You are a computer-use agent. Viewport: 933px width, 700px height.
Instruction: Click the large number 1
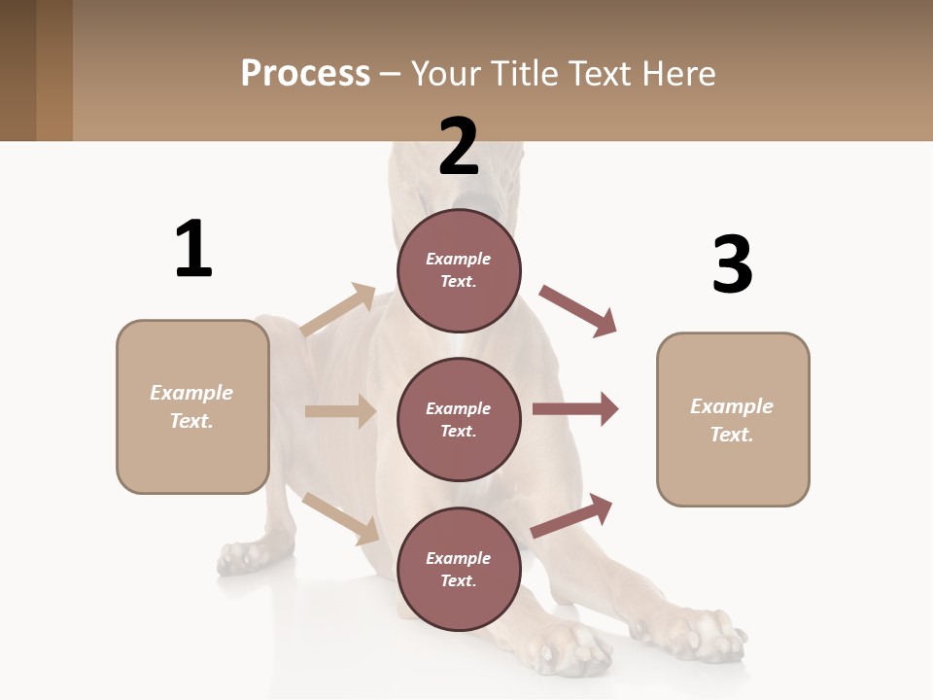(x=193, y=249)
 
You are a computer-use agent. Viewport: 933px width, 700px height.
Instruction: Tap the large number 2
(x=459, y=147)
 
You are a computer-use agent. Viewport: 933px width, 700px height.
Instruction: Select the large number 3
(x=732, y=264)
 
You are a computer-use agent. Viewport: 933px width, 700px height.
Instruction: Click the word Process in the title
(x=305, y=74)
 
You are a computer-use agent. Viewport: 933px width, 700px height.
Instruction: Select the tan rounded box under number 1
(x=192, y=406)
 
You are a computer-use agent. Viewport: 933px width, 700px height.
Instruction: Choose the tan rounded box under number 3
(x=733, y=420)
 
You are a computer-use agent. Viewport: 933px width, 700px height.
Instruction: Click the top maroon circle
(x=459, y=270)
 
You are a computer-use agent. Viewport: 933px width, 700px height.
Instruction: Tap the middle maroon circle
(x=459, y=420)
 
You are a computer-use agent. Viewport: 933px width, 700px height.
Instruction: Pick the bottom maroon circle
(x=459, y=570)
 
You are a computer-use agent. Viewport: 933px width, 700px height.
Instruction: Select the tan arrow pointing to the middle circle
(x=340, y=411)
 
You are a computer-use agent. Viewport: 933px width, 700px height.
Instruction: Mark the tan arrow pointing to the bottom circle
(x=340, y=517)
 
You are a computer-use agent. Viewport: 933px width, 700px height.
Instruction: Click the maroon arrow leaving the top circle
(x=578, y=310)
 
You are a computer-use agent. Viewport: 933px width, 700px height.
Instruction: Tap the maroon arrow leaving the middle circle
(x=575, y=409)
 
